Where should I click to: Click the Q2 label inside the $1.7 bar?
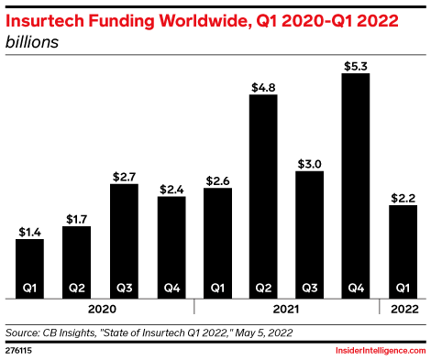[77, 288]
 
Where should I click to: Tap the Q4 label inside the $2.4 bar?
[171, 288]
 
